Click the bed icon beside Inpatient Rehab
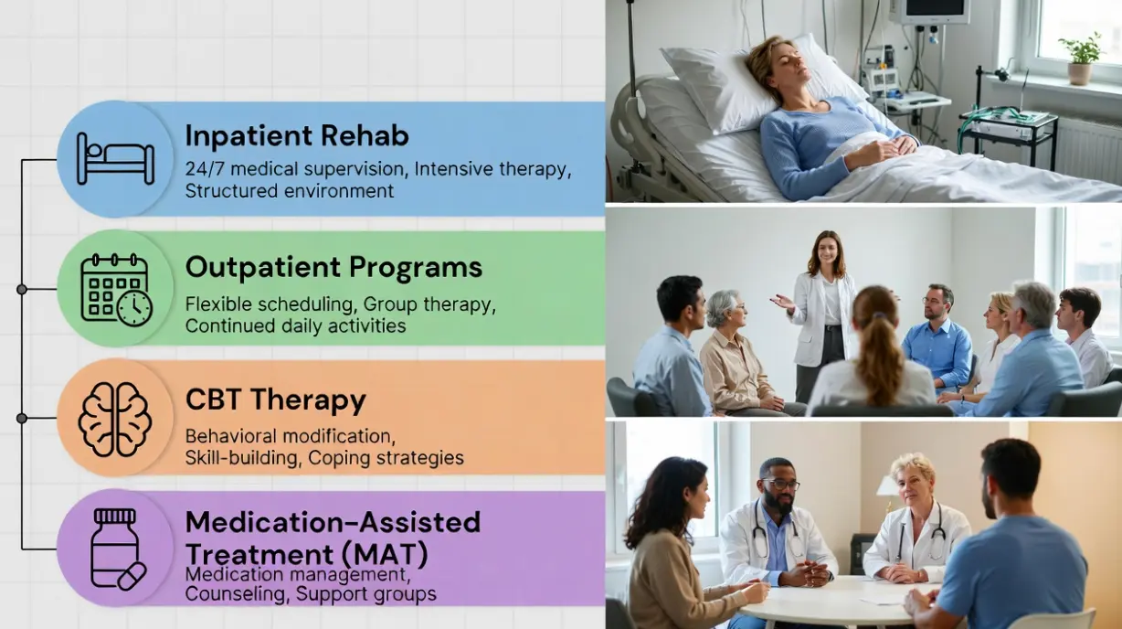(115, 159)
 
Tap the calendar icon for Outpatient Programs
(115, 289)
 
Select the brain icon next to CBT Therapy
(114, 419)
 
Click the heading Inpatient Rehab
(297, 136)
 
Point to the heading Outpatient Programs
(333, 267)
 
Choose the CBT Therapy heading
(275, 400)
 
